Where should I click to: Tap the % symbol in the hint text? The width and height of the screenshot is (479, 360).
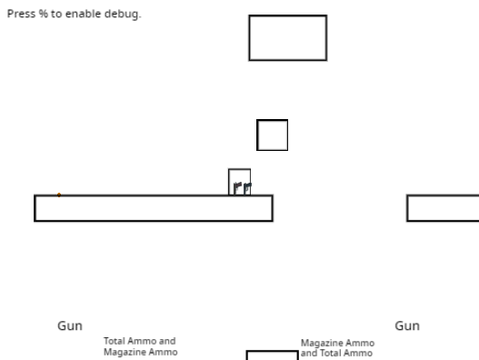click(x=43, y=14)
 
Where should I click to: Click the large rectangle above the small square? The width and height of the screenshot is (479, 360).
click(x=288, y=15)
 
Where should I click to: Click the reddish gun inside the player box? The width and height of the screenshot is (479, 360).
click(x=237, y=187)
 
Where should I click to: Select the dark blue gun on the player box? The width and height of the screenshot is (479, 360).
click(x=247, y=188)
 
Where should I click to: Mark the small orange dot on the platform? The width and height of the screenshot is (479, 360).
click(x=59, y=195)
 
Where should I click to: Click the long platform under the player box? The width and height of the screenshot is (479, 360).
click(x=153, y=196)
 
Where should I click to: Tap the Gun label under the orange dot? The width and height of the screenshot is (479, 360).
click(x=70, y=326)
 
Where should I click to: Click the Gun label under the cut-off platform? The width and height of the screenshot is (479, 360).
click(x=407, y=326)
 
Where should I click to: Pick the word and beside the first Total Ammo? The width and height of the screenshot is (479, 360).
click(x=167, y=341)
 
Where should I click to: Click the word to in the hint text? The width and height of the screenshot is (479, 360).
click(x=57, y=14)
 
